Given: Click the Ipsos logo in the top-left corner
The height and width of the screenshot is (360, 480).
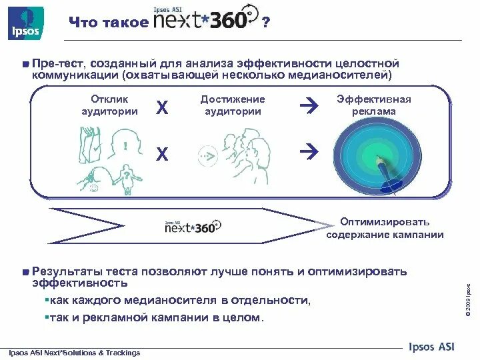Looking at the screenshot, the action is [23, 22].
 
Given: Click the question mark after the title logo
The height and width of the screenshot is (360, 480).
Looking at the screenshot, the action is [266, 23].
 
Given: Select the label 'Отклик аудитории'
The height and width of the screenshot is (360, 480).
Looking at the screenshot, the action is [110, 105].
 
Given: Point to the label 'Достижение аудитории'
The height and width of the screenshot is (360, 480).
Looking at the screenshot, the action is [232, 105].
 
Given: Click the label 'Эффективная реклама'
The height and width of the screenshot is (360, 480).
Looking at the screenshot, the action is [373, 105].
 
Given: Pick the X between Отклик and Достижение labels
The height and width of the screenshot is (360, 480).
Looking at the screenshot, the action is [161, 107].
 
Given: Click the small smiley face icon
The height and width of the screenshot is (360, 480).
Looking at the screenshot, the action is [93, 189].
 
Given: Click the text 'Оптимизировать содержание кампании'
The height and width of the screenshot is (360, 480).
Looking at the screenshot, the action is [385, 228].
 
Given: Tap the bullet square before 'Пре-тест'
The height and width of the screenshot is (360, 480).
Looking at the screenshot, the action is [25, 64].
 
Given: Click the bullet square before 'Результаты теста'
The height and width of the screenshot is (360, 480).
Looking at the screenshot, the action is [25, 272].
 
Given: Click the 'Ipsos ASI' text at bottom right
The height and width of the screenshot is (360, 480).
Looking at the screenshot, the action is [433, 345].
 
